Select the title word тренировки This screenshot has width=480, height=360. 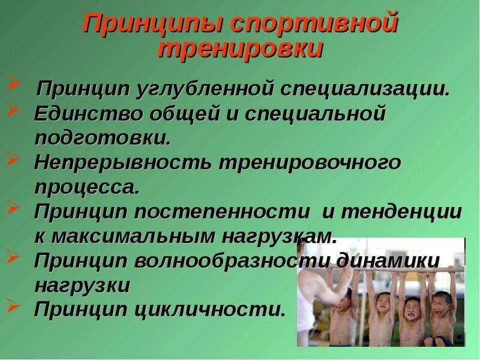pyautogui.click(x=240, y=49)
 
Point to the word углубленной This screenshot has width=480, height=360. pyautogui.click(x=206, y=90)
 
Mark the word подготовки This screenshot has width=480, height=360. pyautogui.click(x=103, y=137)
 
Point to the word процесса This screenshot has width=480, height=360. pyautogui.click(x=86, y=187)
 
